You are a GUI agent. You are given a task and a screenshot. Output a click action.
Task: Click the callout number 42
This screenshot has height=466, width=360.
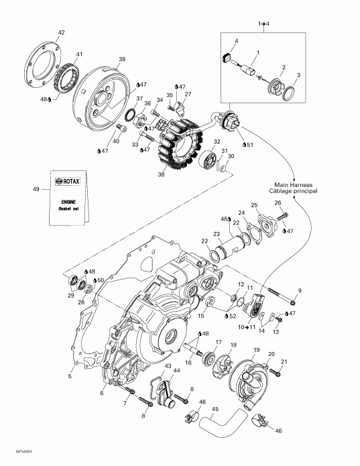[x=61, y=32]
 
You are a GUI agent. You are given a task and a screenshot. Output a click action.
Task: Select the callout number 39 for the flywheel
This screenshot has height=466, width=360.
[x=121, y=59]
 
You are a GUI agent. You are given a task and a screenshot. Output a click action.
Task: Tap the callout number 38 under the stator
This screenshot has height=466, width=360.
[x=160, y=174]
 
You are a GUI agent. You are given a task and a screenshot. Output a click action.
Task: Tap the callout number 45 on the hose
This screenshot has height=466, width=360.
[x=214, y=410]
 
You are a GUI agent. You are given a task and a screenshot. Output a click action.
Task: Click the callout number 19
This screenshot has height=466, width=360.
[x=255, y=351]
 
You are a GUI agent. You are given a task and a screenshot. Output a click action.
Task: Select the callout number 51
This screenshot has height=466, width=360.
[x=249, y=145]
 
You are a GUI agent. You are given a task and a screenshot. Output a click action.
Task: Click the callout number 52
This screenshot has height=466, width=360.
[x=233, y=316]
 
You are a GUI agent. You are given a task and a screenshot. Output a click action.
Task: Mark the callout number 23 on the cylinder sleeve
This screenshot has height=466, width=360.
[x=217, y=234]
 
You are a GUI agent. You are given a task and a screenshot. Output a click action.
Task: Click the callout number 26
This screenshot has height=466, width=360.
[x=278, y=202]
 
